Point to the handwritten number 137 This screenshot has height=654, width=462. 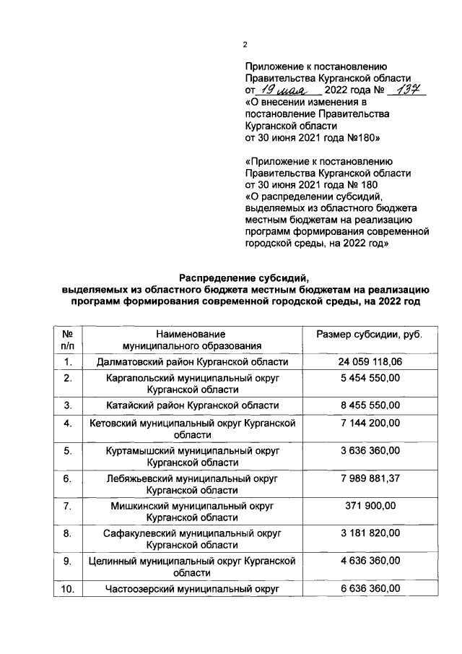coord(407,90)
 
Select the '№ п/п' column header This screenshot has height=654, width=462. coord(66,340)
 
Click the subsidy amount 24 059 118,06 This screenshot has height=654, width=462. coord(370,361)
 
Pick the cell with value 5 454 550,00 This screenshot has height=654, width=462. coord(370,378)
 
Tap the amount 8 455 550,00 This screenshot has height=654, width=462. coord(370,405)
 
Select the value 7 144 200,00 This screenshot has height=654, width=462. coord(370,422)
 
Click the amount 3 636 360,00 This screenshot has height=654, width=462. coord(370,450)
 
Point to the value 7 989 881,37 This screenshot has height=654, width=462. coord(370,478)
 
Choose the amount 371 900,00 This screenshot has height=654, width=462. coord(370,505)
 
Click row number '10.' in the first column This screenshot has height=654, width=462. coord(66,589)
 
